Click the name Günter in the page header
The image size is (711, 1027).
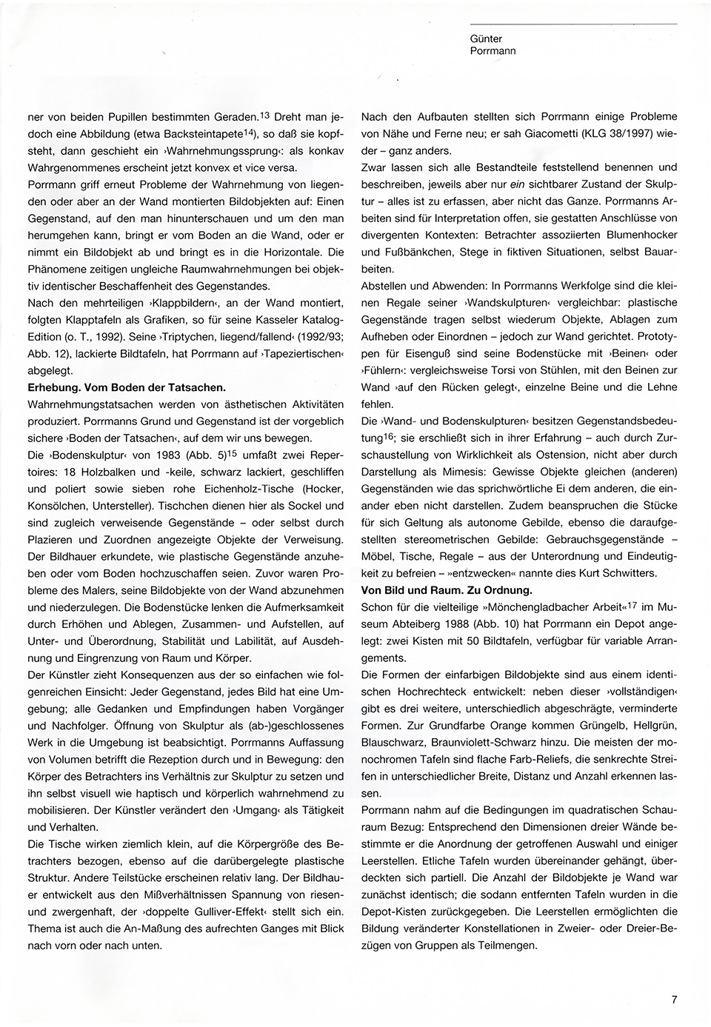click(486, 39)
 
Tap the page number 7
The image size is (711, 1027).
click(674, 999)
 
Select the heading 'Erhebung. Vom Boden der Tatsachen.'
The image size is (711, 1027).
click(126, 387)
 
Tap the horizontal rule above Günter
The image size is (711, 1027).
click(573, 24)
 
